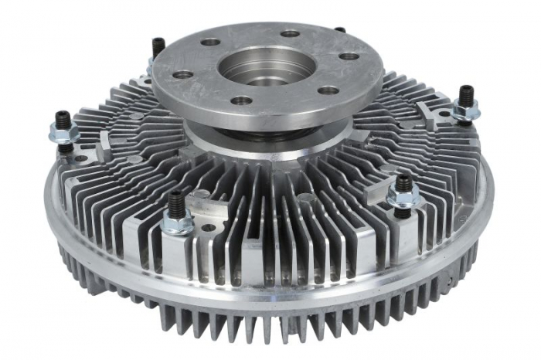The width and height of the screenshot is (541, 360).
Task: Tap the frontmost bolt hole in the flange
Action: click(242, 100)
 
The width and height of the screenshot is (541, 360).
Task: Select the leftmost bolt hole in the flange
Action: click(183, 75)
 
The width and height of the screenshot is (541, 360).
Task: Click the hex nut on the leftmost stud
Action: click(64, 133)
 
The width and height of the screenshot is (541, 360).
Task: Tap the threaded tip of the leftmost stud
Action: click(62, 117)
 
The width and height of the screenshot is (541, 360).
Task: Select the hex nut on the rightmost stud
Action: click(465, 111)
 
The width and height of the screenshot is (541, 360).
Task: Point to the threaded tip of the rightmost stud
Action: click(466, 93)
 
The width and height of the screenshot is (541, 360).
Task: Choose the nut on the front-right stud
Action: click(403, 201)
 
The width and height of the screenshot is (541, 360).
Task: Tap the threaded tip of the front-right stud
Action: click(403, 182)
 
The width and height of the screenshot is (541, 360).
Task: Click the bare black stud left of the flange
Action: click(158, 48)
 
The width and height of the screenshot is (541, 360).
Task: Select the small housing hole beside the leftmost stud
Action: click(81, 158)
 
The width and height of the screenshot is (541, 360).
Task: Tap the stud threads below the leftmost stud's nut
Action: click(66, 147)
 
